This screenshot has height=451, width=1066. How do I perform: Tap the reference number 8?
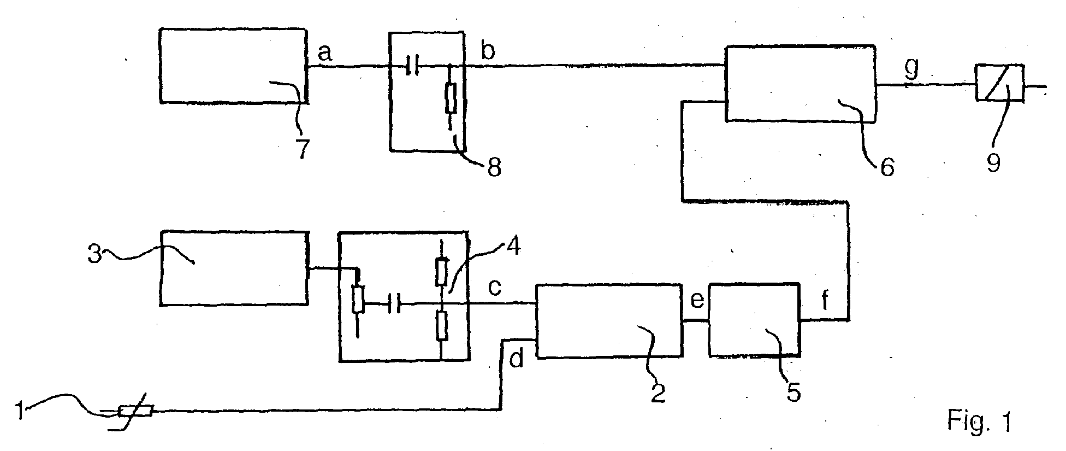[493, 167]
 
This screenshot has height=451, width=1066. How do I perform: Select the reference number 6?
[887, 166]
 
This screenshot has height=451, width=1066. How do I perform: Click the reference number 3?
[96, 254]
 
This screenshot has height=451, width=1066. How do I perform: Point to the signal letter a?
[324, 52]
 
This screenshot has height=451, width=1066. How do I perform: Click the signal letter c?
[494, 287]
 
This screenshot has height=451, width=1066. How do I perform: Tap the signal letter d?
[516, 359]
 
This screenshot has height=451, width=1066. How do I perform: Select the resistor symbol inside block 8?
[451, 99]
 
